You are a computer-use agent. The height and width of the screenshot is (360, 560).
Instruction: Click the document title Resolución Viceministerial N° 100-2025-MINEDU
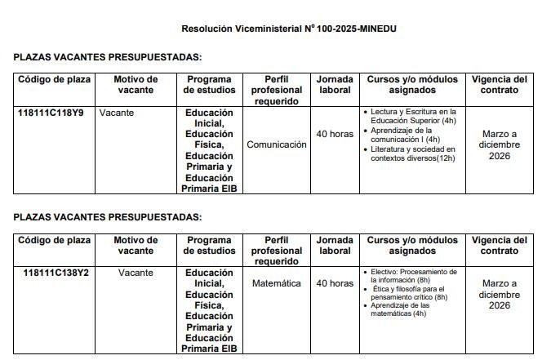coord(290,29)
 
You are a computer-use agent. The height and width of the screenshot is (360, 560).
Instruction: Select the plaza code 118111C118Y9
coord(51,113)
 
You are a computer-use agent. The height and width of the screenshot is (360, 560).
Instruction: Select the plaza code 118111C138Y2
coord(56,273)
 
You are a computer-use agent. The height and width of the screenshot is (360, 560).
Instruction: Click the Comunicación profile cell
coord(277,144)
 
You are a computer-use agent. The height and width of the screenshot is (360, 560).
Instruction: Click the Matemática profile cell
coord(277,283)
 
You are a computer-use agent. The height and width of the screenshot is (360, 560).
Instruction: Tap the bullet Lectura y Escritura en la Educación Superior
coord(412,115)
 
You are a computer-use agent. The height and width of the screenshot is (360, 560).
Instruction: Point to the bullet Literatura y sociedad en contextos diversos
coord(412,153)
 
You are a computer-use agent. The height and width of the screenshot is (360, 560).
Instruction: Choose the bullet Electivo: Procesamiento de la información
coord(413,275)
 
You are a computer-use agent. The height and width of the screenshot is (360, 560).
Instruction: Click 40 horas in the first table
coord(335,134)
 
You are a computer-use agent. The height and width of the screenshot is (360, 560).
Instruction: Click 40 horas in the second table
coord(335,283)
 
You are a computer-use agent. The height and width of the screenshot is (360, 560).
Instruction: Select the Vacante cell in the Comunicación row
coord(117,113)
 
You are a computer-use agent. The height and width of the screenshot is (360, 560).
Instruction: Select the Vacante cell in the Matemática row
coord(136,273)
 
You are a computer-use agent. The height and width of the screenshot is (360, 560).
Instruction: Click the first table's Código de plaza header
coord(54,79)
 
